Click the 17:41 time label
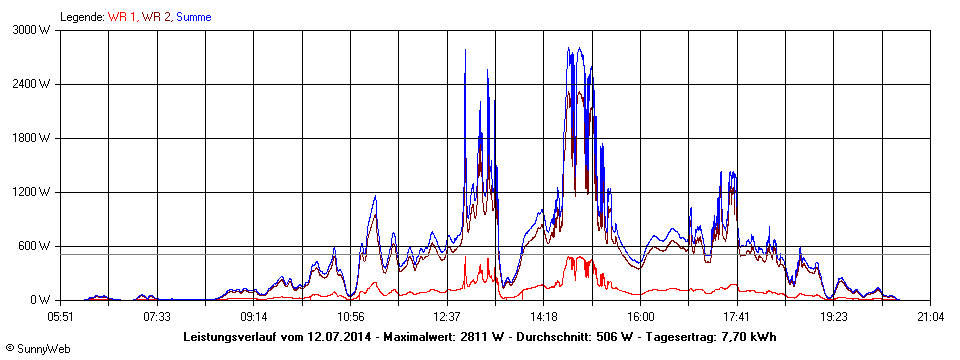coord(737,317)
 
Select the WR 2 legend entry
coord(157,17)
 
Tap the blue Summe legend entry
coord(194,17)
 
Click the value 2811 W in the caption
coord(482,337)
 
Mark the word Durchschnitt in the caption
coord(560,337)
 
